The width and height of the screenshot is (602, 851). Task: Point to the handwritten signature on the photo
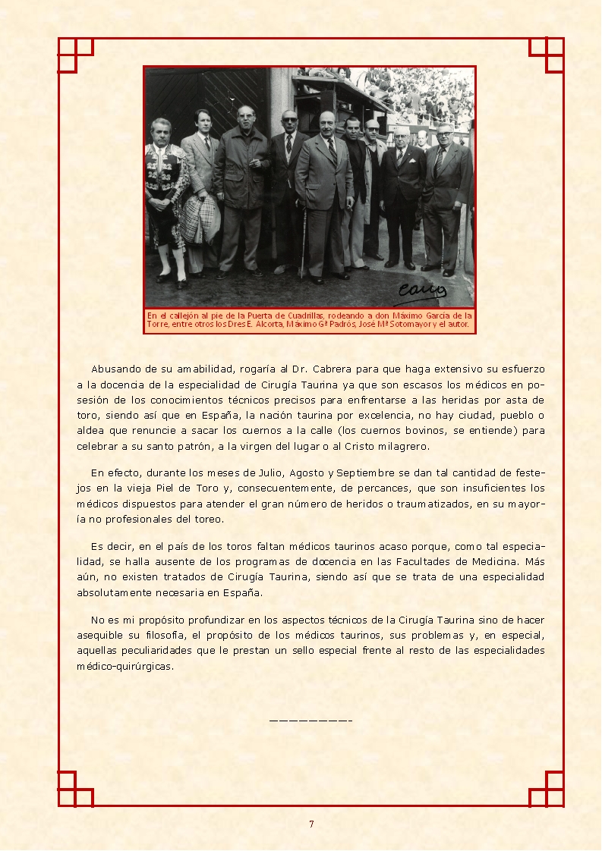[x=423, y=291]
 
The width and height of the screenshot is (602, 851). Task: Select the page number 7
[x=311, y=824]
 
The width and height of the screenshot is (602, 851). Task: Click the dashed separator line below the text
[x=310, y=719]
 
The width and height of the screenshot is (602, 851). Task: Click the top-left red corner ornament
[x=75, y=55]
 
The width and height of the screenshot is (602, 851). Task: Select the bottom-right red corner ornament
[x=547, y=789]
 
